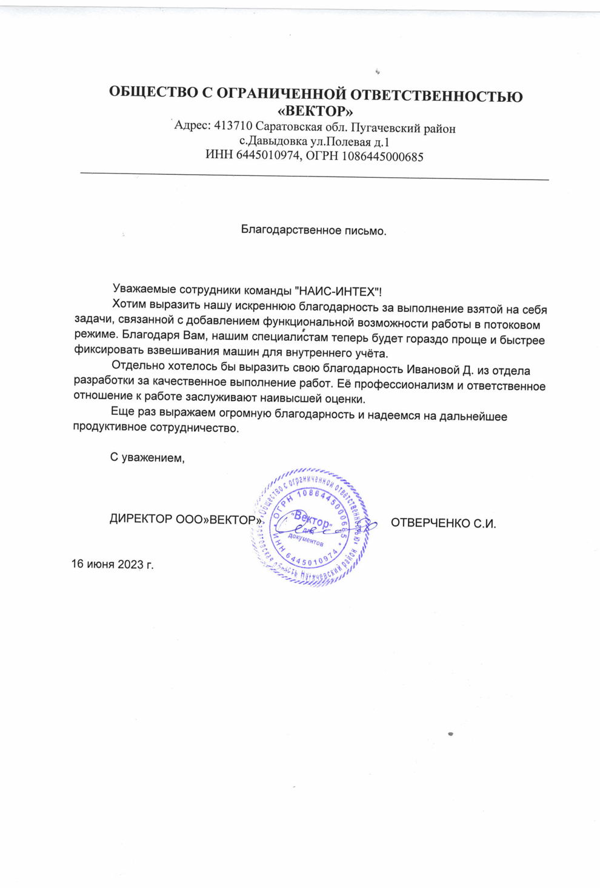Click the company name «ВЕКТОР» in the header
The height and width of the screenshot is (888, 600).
click(315, 112)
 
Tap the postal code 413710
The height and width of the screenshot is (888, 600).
click(233, 127)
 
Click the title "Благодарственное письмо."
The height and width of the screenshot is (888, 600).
click(313, 230)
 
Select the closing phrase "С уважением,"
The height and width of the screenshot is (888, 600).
click(147, 457)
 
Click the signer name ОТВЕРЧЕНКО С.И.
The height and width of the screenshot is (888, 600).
click(443, 523)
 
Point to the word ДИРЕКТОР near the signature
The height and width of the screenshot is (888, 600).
click(141, 519)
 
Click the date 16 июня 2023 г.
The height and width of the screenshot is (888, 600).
click(113, 564)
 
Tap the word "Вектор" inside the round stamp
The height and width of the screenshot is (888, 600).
click(312, 520)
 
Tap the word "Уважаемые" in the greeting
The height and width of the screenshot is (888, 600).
click(144, 290)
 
